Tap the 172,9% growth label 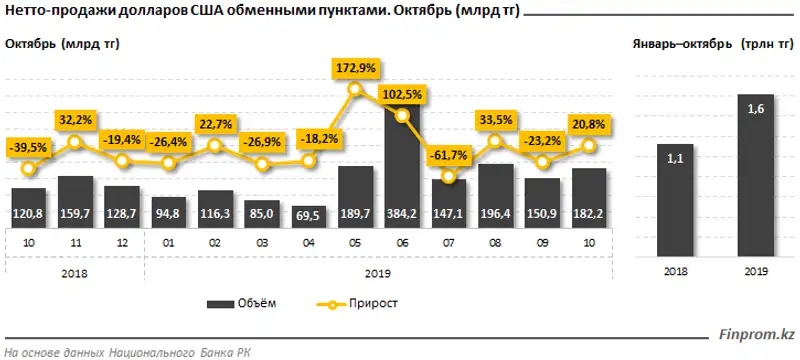[356, 68]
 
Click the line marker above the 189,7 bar [356, 90]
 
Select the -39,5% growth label [28, 149]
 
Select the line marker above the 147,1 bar [450, 177]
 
